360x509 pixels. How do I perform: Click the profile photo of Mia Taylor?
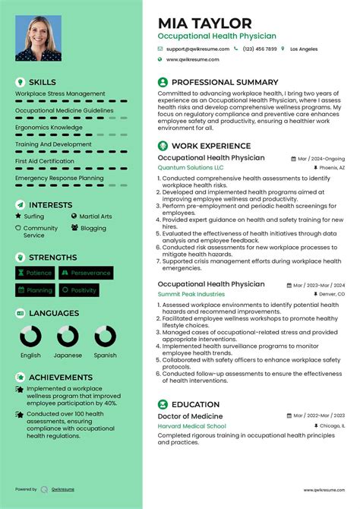tap(38, 39)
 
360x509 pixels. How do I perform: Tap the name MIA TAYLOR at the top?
tap(204, 24)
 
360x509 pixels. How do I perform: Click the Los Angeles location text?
tap(304, 49)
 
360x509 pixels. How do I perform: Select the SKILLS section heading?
tap(42, 81)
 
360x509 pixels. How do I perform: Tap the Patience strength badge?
tap(35, 273)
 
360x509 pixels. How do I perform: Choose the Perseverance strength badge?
tap(86, 273)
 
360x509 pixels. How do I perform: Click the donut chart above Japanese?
tap(68, 337)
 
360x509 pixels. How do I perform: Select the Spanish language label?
tap(106, 355)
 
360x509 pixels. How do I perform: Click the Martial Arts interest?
tap(95, 217)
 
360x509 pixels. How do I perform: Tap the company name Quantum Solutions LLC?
tap(191, 167)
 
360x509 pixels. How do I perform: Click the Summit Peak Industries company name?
tap(191, 293)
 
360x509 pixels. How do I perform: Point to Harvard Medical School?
tap(193, 426)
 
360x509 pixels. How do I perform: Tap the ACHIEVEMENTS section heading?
tap(60, 377)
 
